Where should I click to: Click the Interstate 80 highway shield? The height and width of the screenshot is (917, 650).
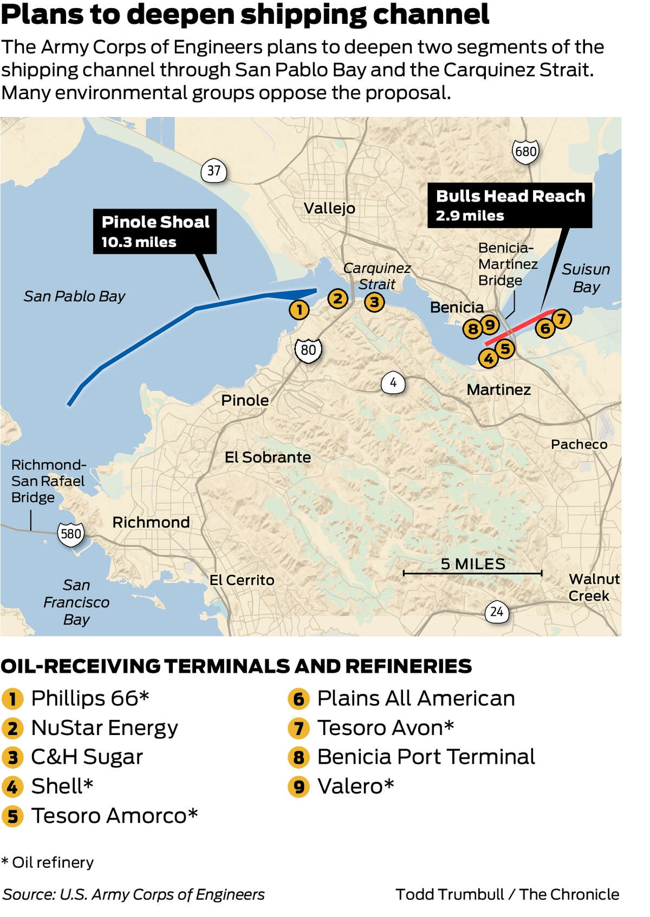(x=308, y=350)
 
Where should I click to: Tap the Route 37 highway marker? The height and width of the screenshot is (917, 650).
(x=214, y=171)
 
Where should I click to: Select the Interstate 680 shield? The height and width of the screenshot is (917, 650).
(x=525, y=151)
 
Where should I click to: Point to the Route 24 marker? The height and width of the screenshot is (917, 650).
(x=497, y=612)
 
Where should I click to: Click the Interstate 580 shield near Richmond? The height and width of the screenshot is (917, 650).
(x=71, y=534)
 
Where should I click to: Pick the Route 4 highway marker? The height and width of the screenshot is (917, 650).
(x=393, y=383)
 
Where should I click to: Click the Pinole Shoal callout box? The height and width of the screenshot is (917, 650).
(x=155, y=231)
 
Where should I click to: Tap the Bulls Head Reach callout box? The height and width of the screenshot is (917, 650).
(x=510, y=205)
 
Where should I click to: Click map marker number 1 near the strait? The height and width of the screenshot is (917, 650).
(x=299, y=310)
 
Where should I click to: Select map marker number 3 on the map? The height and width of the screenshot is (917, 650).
(x=374, y=302)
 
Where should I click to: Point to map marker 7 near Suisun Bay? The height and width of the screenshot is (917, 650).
(x=561, y=318)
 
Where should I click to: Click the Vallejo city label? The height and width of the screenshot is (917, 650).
(x=329, y=208)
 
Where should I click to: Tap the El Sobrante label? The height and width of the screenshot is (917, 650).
(x=268, y=457)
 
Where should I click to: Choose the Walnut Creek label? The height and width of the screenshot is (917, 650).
(x=594, y=587)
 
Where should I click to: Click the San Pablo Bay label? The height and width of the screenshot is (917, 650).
(x=74, y=296)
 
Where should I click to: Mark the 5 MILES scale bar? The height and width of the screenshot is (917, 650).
(x=472, y=572)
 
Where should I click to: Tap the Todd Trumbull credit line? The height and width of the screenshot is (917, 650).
(x=507, y=894)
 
